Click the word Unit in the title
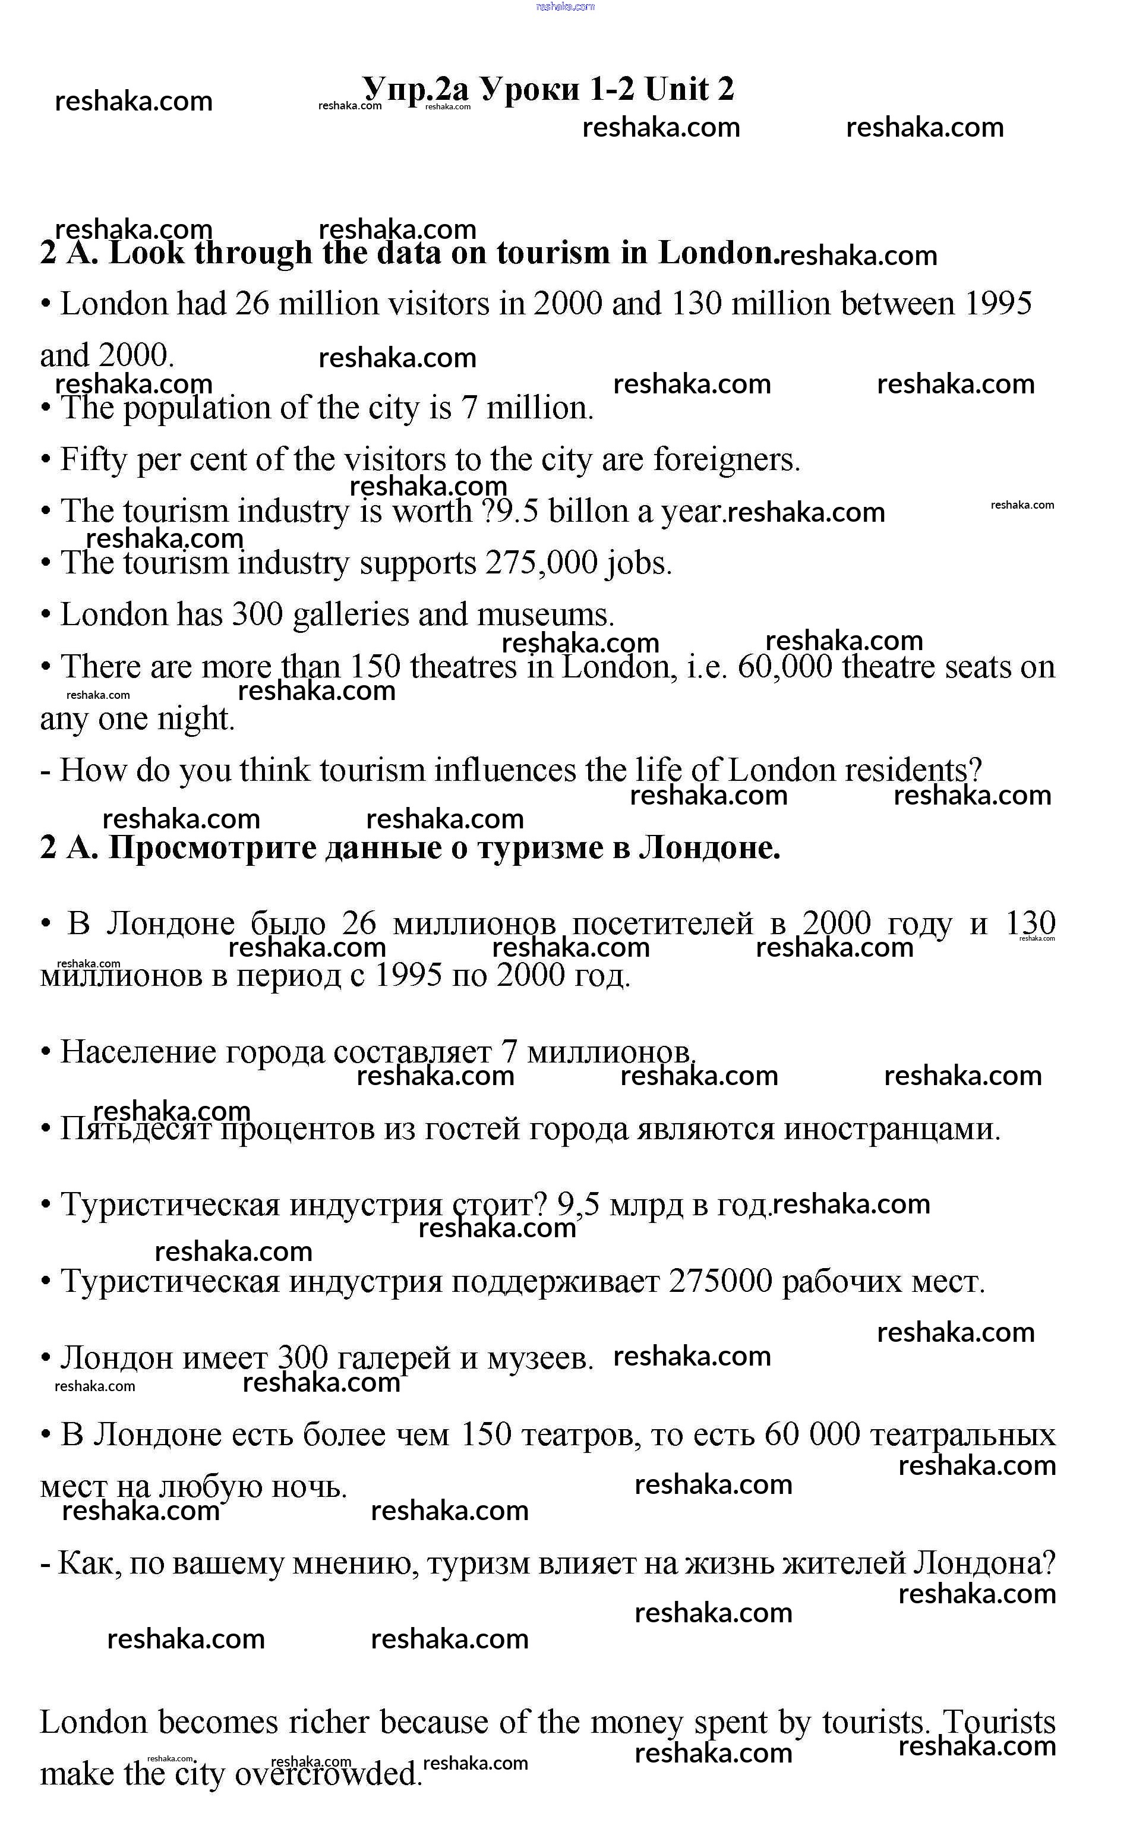coord(676,90)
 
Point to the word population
coord(197,409)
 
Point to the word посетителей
coord(662,925)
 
